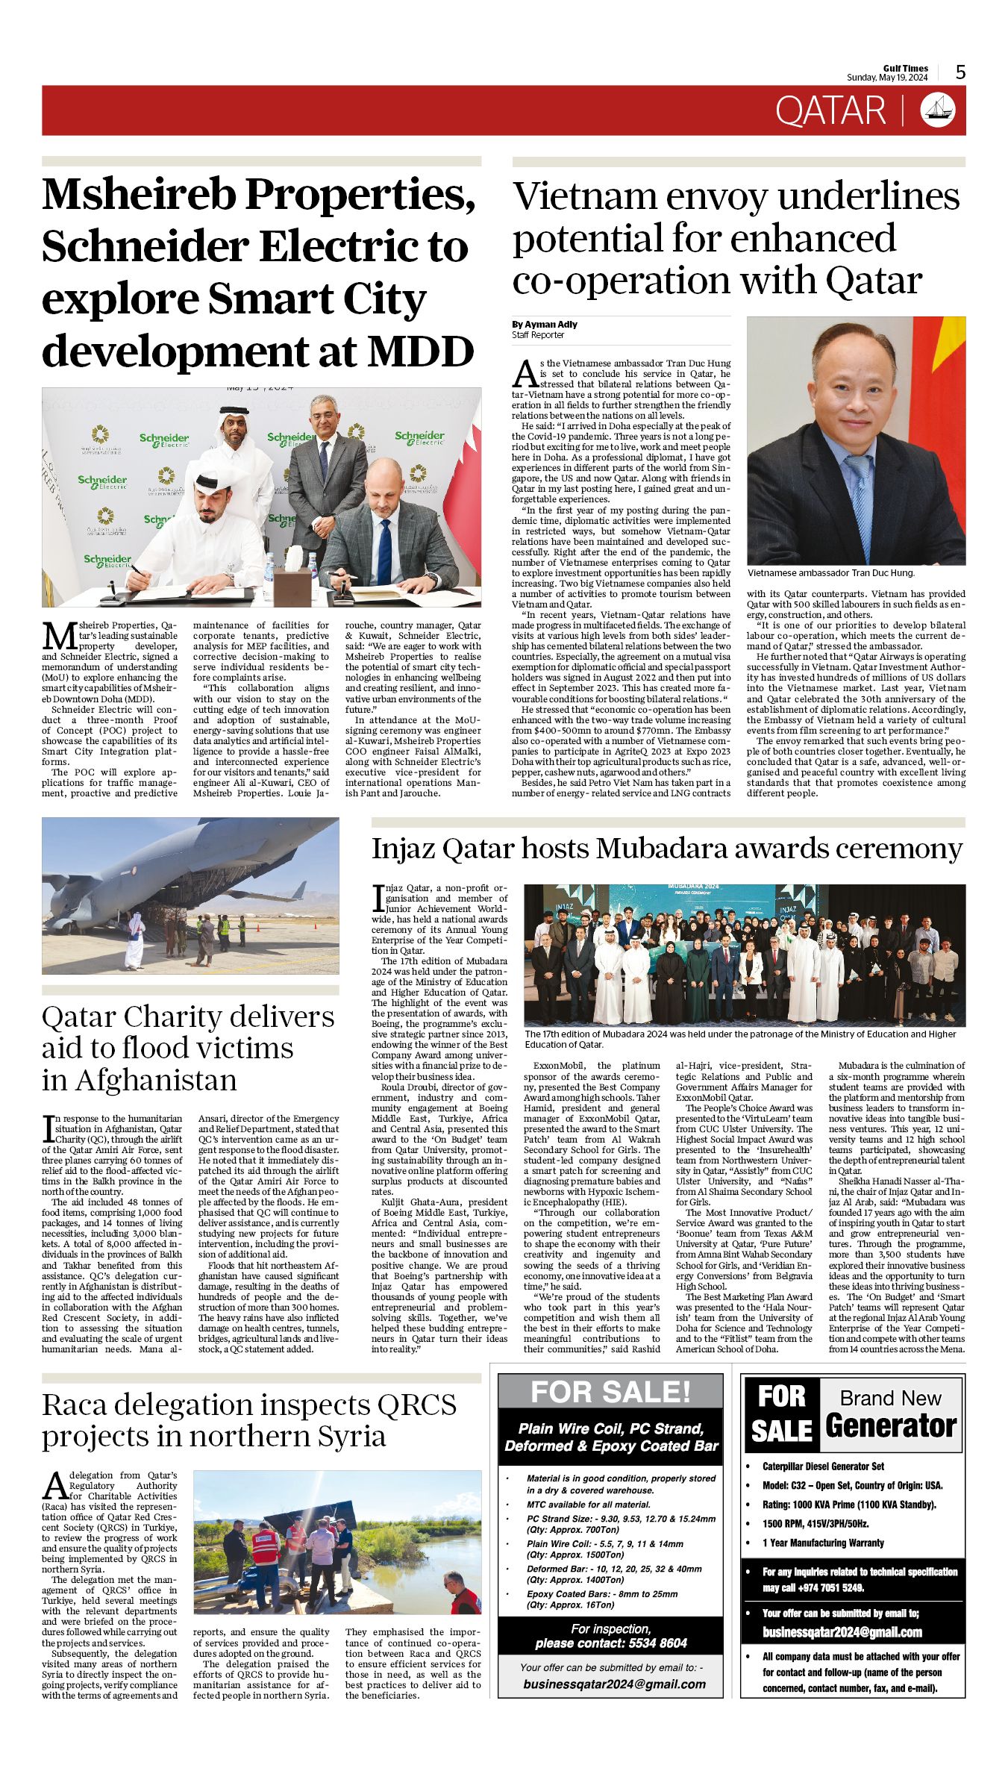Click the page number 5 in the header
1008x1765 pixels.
(x=960, y=72)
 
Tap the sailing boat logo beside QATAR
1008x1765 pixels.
(x=938, y=110)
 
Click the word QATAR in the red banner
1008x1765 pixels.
(x=830, y=111)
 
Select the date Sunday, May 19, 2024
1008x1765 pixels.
(x=886, y=78)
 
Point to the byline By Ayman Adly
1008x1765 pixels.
(x=545, y=325)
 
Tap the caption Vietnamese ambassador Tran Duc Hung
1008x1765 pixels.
(x=830, y=572)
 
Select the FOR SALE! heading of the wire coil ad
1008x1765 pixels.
(x=610, y=1392)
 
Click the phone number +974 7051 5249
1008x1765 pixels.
(x=821, y=1587)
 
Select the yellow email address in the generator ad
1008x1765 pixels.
(x=842, y=1632)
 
